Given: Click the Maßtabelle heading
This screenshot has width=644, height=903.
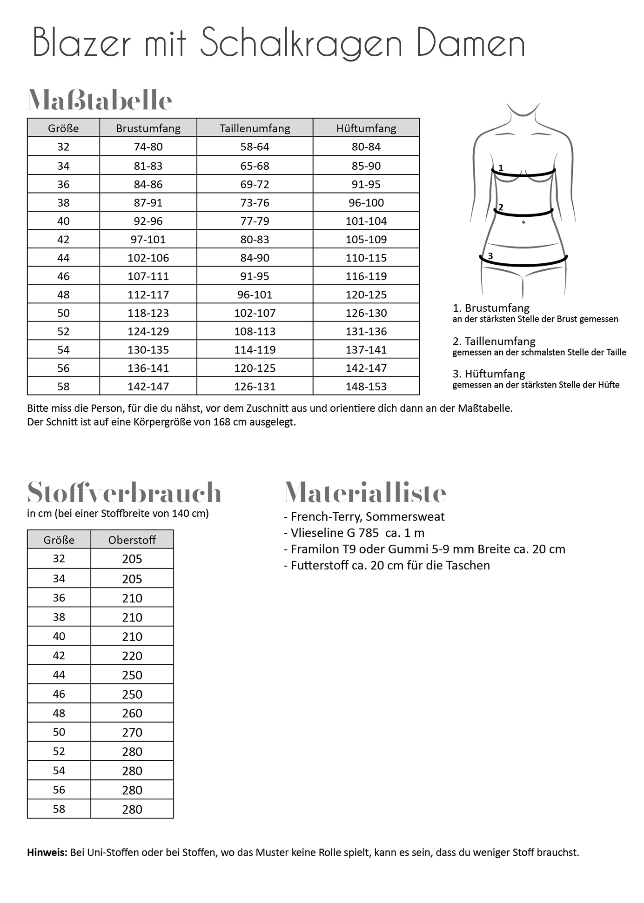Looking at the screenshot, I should pos(100,100).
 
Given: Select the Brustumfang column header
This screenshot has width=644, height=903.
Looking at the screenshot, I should pos(148,128).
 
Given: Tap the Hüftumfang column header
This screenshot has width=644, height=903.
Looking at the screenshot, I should pos(366,128).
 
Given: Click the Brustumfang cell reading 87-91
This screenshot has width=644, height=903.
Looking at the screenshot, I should pos(148,203).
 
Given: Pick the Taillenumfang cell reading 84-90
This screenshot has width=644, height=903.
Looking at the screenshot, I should pos(255,258).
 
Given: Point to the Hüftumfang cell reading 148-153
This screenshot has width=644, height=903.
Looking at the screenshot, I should pos(366,387).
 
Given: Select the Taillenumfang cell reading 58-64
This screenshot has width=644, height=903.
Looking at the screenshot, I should pos(255,147).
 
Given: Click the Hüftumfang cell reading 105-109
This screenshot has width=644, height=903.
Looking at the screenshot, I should pos(366,240).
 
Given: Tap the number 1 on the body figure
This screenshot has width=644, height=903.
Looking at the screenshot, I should pos(501,168).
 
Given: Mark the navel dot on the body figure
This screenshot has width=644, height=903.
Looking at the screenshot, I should pos(523,222).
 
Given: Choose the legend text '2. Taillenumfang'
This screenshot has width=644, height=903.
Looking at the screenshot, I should pos(494,341).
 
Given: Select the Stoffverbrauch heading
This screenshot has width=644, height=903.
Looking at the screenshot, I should pos(124,492).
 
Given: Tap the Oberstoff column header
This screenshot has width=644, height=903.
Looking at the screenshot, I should pos(132,540).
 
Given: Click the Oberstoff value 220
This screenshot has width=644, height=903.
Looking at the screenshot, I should pos(132,656).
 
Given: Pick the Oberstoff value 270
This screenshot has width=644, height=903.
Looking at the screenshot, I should pos(132,733).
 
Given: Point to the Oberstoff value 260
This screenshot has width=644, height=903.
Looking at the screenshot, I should pos(132,713).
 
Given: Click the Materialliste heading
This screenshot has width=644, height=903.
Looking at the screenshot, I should pos(365,492).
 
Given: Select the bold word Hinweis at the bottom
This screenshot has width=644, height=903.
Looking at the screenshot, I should pos(47,852).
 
